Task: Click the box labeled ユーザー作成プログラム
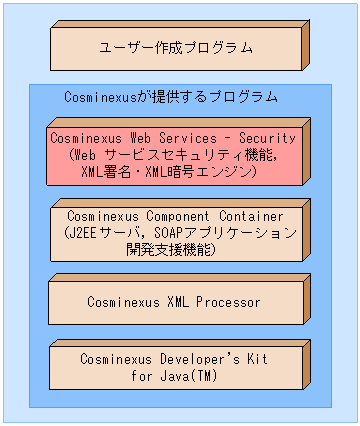click(176, 47)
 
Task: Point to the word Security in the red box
click(267, 138)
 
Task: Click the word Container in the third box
click(251, 216)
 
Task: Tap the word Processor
click(228, 301)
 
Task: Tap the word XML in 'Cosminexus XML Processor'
click(177, 301)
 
